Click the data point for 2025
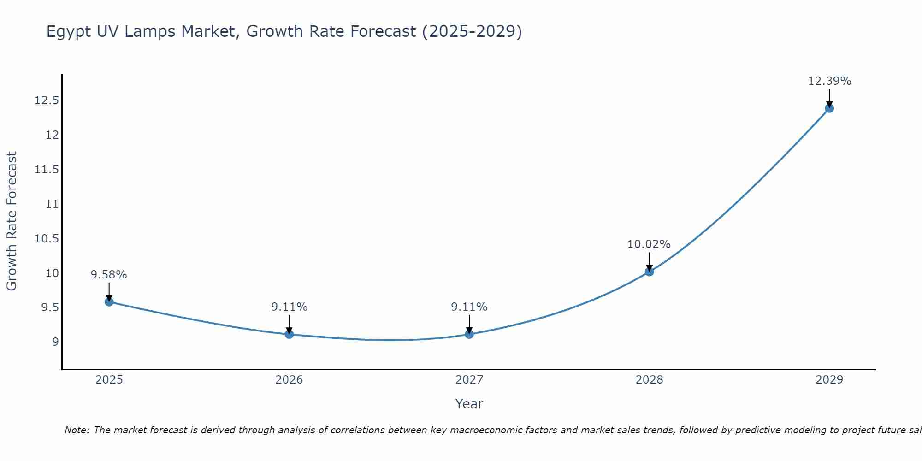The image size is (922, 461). tap(109, 302)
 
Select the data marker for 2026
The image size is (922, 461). tap(289, 334)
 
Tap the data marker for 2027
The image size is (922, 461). tap(469, 334)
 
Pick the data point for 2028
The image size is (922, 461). tap(649, 272)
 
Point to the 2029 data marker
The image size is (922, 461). tap(829, 108)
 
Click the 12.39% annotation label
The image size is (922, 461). tap(829, 81)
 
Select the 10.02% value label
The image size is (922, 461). tap(649, 244)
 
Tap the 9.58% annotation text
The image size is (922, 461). tap(109, 275)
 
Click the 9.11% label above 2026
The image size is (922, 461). tap(289, 307)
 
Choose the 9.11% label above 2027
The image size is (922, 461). tap(469, 307)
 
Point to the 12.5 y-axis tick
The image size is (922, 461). tap(47, 100)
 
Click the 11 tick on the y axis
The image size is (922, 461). tap(52, 204)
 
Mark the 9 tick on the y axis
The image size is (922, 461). tap(55, 342)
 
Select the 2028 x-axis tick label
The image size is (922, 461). tap(649, 380)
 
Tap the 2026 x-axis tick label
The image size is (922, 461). tap(289, 380)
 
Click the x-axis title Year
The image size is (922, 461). tap(469, 404)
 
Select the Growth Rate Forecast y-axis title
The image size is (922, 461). tap(12, 221)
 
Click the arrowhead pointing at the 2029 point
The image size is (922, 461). tap(829, 104)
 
